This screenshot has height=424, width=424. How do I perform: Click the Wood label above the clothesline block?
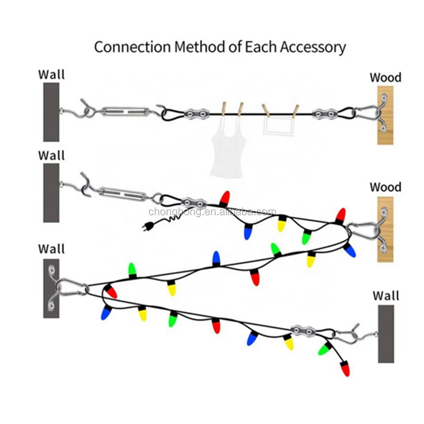(385, 78)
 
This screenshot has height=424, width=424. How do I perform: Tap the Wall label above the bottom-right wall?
(386, 296)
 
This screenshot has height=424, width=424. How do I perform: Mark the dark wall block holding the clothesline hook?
(51, 112)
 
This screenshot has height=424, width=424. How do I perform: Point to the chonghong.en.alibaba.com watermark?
(212, 212)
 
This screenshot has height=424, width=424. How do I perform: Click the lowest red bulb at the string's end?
(346, 368)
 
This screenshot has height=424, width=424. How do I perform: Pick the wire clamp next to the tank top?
(196, 113)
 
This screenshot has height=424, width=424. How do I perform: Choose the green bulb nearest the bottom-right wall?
(324, 348)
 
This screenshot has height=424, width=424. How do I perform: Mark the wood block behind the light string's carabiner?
(386, 229)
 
